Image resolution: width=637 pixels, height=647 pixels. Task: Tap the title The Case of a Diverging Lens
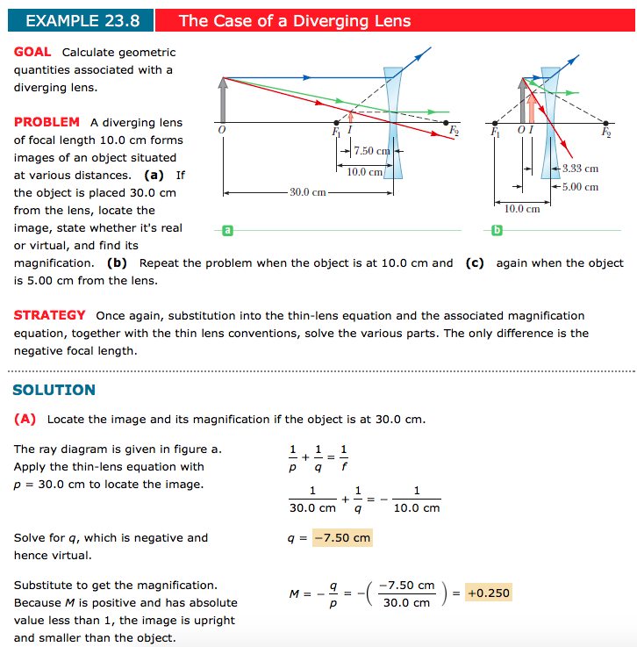click(x=294, y=21)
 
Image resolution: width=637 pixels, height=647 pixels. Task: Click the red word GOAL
click(x=32, y=52)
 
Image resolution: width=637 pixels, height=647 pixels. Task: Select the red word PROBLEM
click(x=47, y=122)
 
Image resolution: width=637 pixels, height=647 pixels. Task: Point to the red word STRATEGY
click(x=50, y=315)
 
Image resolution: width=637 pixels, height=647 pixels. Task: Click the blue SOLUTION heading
click(x=54, y=390)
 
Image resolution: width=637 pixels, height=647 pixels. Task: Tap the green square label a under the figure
click(x=226, y=230)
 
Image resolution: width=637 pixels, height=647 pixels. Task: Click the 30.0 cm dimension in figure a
click(x=308, y=191)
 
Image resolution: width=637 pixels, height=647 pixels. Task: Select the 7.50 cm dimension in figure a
click(x=371, y=151)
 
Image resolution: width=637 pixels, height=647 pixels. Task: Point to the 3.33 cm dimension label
click(x=580, y=169)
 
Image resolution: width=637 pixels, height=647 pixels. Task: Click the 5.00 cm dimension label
click(x=580, y=186)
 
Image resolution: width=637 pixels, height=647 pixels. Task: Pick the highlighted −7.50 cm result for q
click(x=341, y=537)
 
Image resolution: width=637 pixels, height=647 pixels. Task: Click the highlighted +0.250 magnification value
click(x=488, y=593)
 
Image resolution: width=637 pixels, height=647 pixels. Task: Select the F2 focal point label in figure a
click(x=454, y=132)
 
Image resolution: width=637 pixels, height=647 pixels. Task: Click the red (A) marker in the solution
click(x=25, y=419)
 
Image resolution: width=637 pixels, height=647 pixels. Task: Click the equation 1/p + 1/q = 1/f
click(x=318, y=458)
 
